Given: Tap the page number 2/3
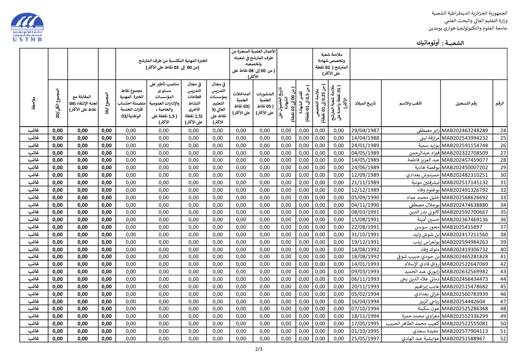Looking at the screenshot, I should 259,349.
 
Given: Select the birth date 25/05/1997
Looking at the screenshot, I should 365,338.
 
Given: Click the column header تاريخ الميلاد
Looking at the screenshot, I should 365,103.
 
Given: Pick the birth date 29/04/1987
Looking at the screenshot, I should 365,131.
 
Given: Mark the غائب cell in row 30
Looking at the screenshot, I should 34,175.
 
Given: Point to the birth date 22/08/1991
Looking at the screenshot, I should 365,227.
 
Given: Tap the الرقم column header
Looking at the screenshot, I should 500,103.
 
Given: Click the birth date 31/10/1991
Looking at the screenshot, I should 365,235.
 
